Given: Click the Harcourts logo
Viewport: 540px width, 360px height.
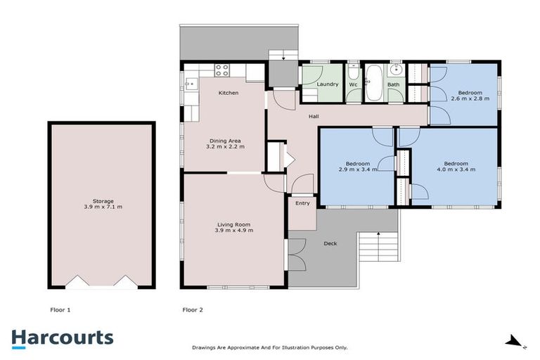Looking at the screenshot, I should (62, 337).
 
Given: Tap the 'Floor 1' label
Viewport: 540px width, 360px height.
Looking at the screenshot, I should (60, 309).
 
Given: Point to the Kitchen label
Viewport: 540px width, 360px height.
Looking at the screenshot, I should (228, 93).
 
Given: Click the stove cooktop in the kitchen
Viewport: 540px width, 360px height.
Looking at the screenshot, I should (222, 70).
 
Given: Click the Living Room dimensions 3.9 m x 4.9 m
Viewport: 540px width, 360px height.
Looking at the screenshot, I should (234, 230).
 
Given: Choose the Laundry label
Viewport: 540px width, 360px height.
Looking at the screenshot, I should (328, 84).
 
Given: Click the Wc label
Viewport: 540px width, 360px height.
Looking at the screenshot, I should (354, 84).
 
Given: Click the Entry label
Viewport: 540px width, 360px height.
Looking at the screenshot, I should (302, 203).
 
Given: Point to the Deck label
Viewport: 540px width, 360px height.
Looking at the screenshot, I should (330, 243).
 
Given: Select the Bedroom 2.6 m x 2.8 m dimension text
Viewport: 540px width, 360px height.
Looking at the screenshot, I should (470, 100).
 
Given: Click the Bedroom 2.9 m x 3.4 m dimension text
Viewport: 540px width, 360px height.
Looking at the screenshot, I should (358, 169).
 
